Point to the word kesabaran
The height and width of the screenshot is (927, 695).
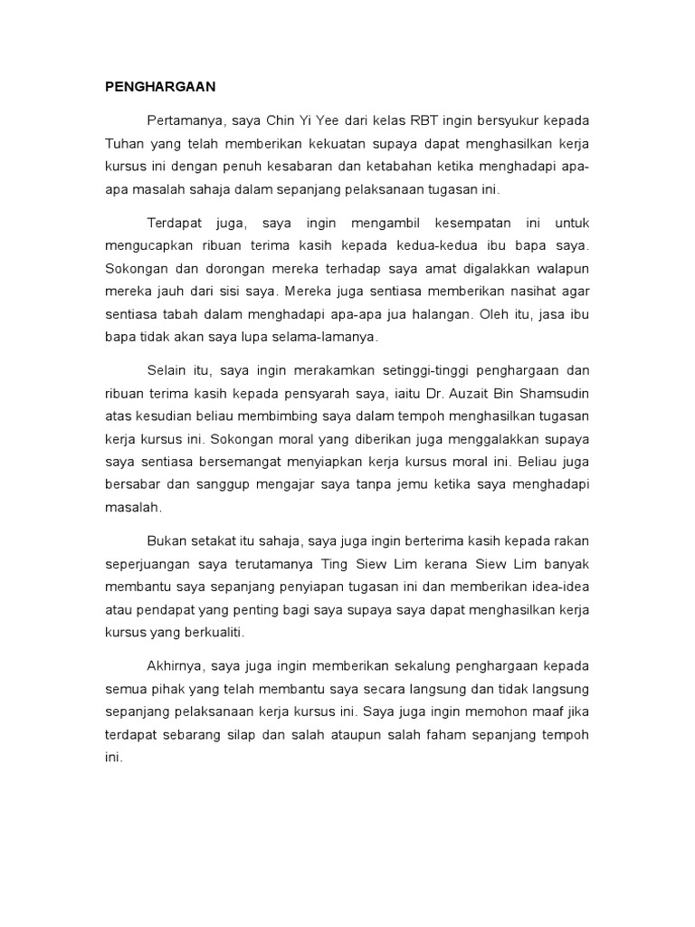[x=316, y=167]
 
